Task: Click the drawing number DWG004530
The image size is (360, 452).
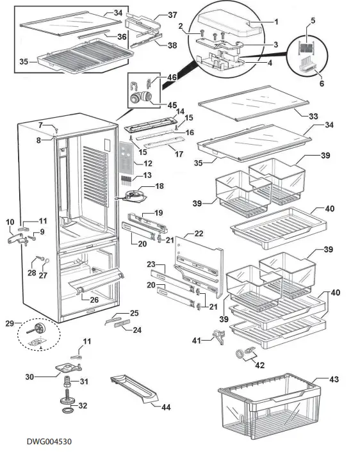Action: (x=49, y=441)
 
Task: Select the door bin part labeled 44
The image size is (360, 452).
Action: (x=135, y=388)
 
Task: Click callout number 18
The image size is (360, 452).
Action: (x=160, y=186)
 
